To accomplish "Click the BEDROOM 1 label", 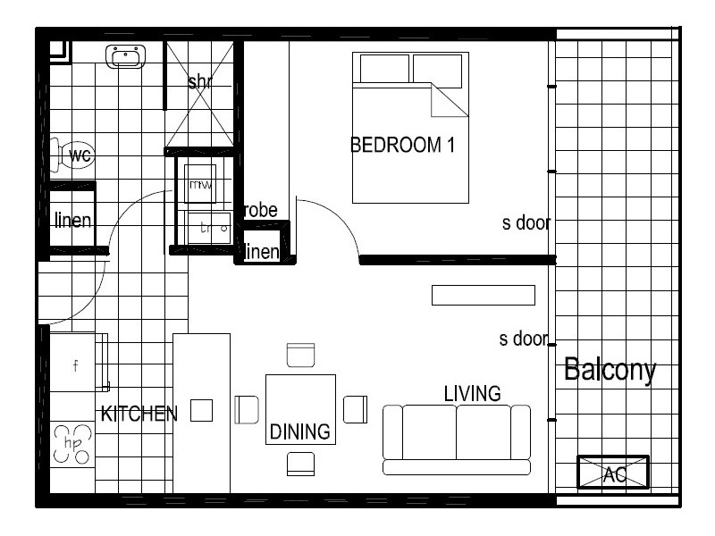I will (402, 146).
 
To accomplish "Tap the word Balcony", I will (610, 370).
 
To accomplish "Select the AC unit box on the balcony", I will (613, 473).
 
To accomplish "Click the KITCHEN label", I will (139, 414).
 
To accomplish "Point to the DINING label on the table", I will (300, 432).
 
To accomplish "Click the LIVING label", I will (472, 393).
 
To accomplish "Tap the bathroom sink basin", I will (125, 58).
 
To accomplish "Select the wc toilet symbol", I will (76, 156).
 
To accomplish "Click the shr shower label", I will (200, 82).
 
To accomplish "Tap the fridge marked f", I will (77, 364).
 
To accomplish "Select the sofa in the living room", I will (456, 438).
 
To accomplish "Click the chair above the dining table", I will (300, 355).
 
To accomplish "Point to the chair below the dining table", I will (300, 464).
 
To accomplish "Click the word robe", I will (260, 211).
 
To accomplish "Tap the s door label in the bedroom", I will (525, 223).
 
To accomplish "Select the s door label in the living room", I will (523, 339).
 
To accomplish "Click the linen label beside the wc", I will (71, 220).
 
